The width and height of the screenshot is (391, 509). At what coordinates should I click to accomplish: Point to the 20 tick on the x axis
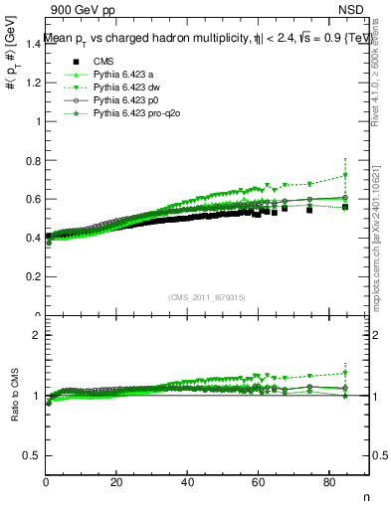pyautogui.click(x=116, y=484)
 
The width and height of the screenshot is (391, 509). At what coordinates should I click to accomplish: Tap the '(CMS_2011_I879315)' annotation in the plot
pyautogui.click(x=207, y=298)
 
